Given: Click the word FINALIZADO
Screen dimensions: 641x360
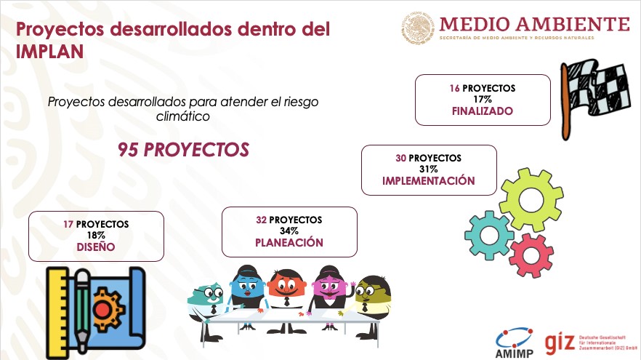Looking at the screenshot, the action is click(483, 111).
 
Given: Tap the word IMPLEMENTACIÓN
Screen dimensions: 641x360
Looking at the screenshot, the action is click(429, 181).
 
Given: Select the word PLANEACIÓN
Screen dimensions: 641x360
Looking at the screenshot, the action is click(289, 243).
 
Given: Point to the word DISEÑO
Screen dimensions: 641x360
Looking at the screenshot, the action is click(96, 247).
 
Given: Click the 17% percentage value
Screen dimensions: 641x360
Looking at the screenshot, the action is click(483, 100).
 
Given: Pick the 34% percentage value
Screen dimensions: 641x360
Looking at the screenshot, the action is click(289, 231).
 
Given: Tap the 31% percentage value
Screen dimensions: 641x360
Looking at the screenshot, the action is click(429, 169).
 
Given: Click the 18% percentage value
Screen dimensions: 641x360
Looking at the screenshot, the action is click(96, 235).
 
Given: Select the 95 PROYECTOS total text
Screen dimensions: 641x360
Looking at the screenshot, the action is click(184, 150).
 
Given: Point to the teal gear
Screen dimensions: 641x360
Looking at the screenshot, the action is click(489, 235).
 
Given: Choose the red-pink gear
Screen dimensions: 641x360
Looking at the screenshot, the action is click(531, 255).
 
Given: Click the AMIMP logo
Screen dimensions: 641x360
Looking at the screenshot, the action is click(515, 343).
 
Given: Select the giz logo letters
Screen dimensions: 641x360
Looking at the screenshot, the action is click(560, 343).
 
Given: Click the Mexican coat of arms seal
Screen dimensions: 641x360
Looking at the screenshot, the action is click(417, 28).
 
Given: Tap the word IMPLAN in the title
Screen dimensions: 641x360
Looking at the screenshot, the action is click(49, 52).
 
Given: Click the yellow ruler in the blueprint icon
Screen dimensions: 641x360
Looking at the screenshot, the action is click(57, 312).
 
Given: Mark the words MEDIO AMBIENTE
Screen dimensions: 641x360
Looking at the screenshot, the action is click(534, 24).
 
